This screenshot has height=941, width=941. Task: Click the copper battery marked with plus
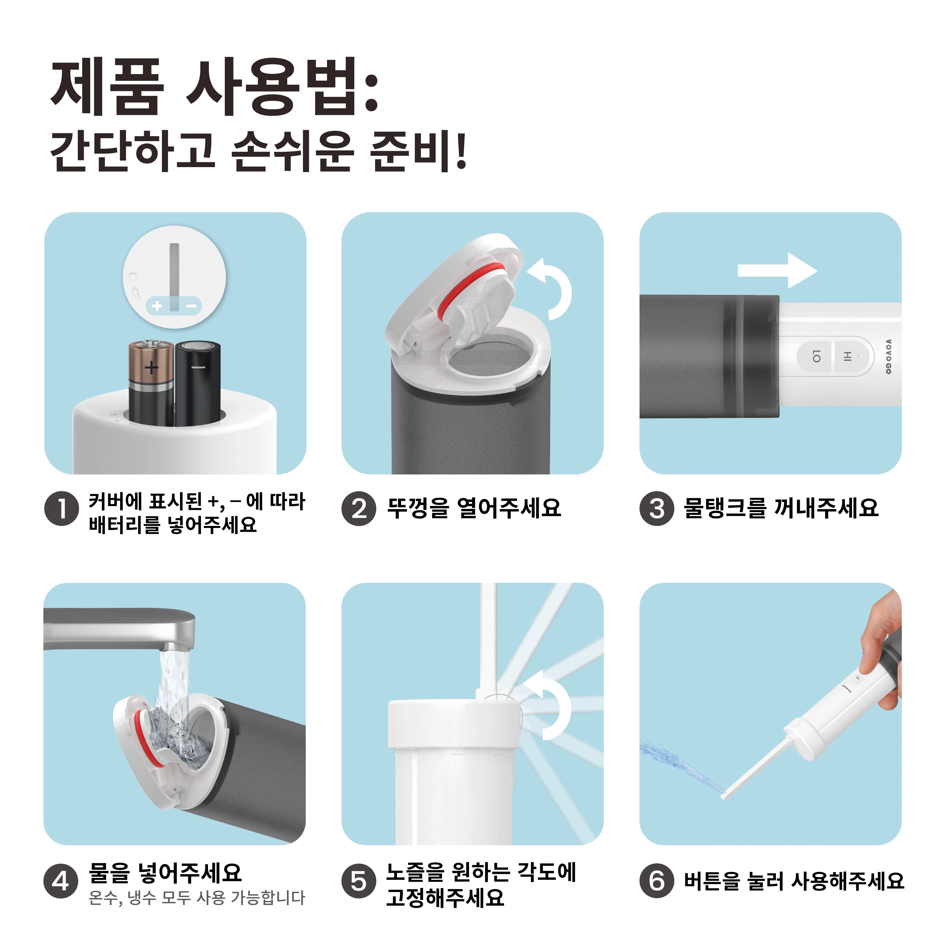(151, 382)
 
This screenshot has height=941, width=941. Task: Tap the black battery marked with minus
(198, 382)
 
